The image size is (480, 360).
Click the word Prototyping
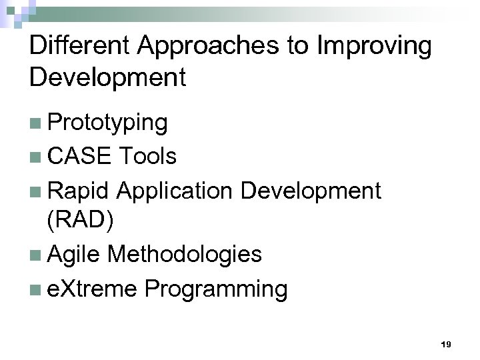coord(108,123)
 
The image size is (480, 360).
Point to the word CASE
coord(79,157)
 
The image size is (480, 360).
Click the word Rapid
coord(79,191)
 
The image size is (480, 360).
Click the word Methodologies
coord(185,254)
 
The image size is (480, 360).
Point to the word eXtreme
coord(93,289)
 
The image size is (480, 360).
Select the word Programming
coord(217,289)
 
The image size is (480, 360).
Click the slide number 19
coord(446,344)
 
